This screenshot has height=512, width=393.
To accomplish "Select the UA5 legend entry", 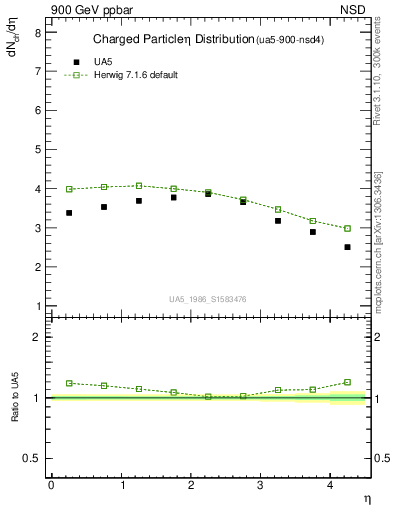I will pos(104,61).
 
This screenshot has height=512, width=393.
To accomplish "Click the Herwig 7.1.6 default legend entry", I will pos(135,75).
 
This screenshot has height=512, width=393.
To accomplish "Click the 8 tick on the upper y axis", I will pos(37,32).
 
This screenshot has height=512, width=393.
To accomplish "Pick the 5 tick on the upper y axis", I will pos(37,149).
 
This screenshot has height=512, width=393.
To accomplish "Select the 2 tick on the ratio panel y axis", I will pos(37,337).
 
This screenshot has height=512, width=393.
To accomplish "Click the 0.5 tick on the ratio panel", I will pos(33,458).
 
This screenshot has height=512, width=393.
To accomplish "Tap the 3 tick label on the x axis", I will pos(261,485).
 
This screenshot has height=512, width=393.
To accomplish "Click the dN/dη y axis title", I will pos(13,45).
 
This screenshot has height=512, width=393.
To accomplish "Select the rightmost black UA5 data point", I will pos(347,247).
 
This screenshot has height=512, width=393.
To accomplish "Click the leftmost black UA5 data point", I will pos(69,213).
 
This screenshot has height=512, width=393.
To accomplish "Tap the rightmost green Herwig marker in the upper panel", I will pos(347,228).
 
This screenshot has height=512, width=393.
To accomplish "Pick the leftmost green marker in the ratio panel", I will pos(69,383).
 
